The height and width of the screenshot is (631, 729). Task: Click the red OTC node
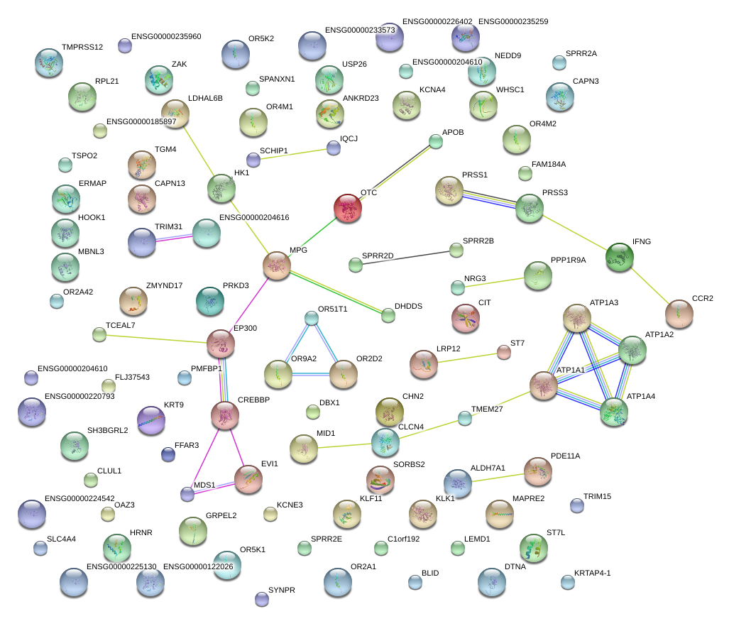[348, 208]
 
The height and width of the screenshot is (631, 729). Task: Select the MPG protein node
[277, 265]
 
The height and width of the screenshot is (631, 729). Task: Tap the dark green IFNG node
[619, 256]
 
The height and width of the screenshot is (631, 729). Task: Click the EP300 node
[221, 344]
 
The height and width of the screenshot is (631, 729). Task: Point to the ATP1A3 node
[577, 318]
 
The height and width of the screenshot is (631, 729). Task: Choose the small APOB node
[436, 142]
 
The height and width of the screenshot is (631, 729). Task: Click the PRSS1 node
[449, 191]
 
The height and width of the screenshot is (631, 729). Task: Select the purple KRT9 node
[150, 420]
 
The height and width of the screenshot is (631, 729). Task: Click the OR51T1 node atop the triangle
[312, 318]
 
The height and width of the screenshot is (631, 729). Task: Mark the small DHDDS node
[388, 315]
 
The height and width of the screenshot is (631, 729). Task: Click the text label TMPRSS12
[82, 48]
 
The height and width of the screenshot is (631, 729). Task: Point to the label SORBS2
[409, 465]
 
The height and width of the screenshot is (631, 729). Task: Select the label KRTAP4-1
[593, 573]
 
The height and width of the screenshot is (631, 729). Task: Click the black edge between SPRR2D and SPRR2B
[406, 258]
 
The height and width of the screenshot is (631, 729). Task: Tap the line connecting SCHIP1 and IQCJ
[293, 154]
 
